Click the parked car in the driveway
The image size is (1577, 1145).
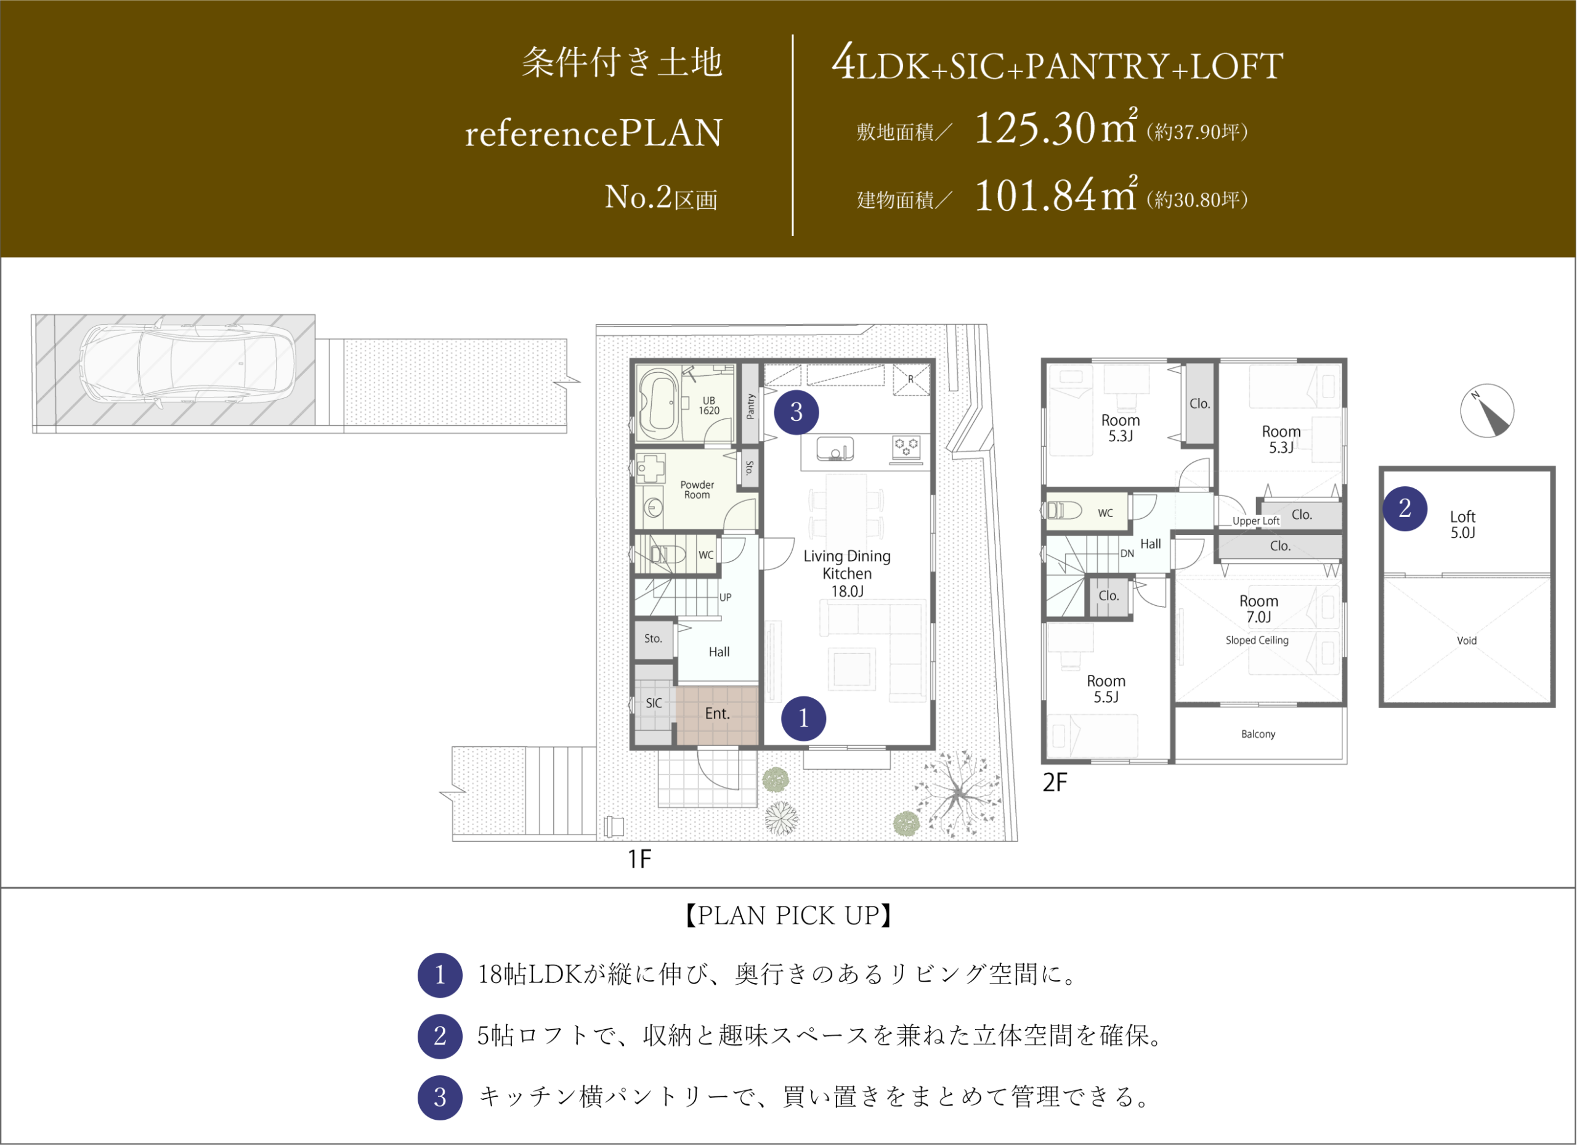187,364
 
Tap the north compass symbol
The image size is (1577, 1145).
1486,410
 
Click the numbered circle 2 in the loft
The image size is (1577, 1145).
1405,508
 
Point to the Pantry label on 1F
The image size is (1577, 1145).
750,406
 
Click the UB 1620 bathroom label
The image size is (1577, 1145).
708,405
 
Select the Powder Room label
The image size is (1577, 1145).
697,490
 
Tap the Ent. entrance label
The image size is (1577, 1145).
717,713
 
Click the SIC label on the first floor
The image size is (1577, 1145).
654,703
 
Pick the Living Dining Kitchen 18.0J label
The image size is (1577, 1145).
847,573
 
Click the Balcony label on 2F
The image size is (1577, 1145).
1258,734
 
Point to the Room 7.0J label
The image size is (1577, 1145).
1259,609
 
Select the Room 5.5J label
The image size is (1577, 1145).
1106,689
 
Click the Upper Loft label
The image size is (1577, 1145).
1256,521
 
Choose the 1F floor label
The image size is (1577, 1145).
639,860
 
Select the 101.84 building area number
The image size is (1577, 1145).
1035,195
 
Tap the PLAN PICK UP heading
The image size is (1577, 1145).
788,915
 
